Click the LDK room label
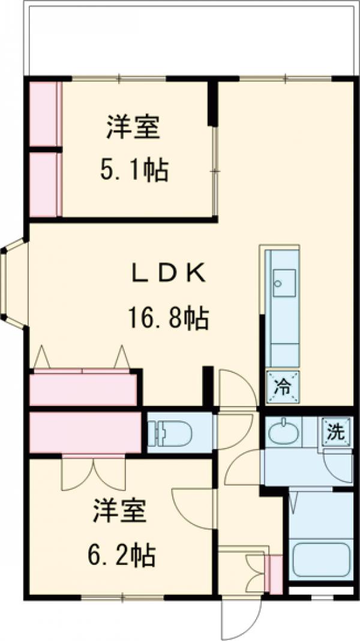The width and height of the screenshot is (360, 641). click(169, 274)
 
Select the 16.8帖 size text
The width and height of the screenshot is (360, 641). click(169, 317)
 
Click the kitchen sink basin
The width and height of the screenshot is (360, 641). click(284, 282)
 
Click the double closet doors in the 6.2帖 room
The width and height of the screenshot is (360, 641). click(94, 474)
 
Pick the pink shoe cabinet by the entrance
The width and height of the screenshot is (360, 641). click(275, 574)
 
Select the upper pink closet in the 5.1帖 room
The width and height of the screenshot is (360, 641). click(46, 114)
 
